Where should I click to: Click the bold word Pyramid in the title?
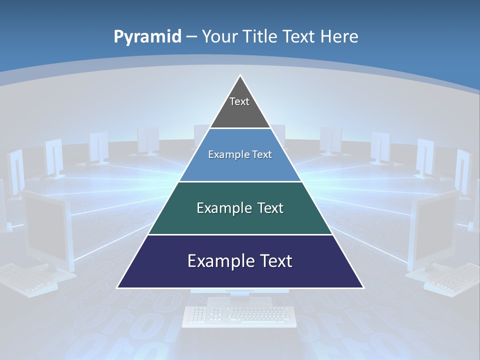pyautogui.click(x=147, y=36)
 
